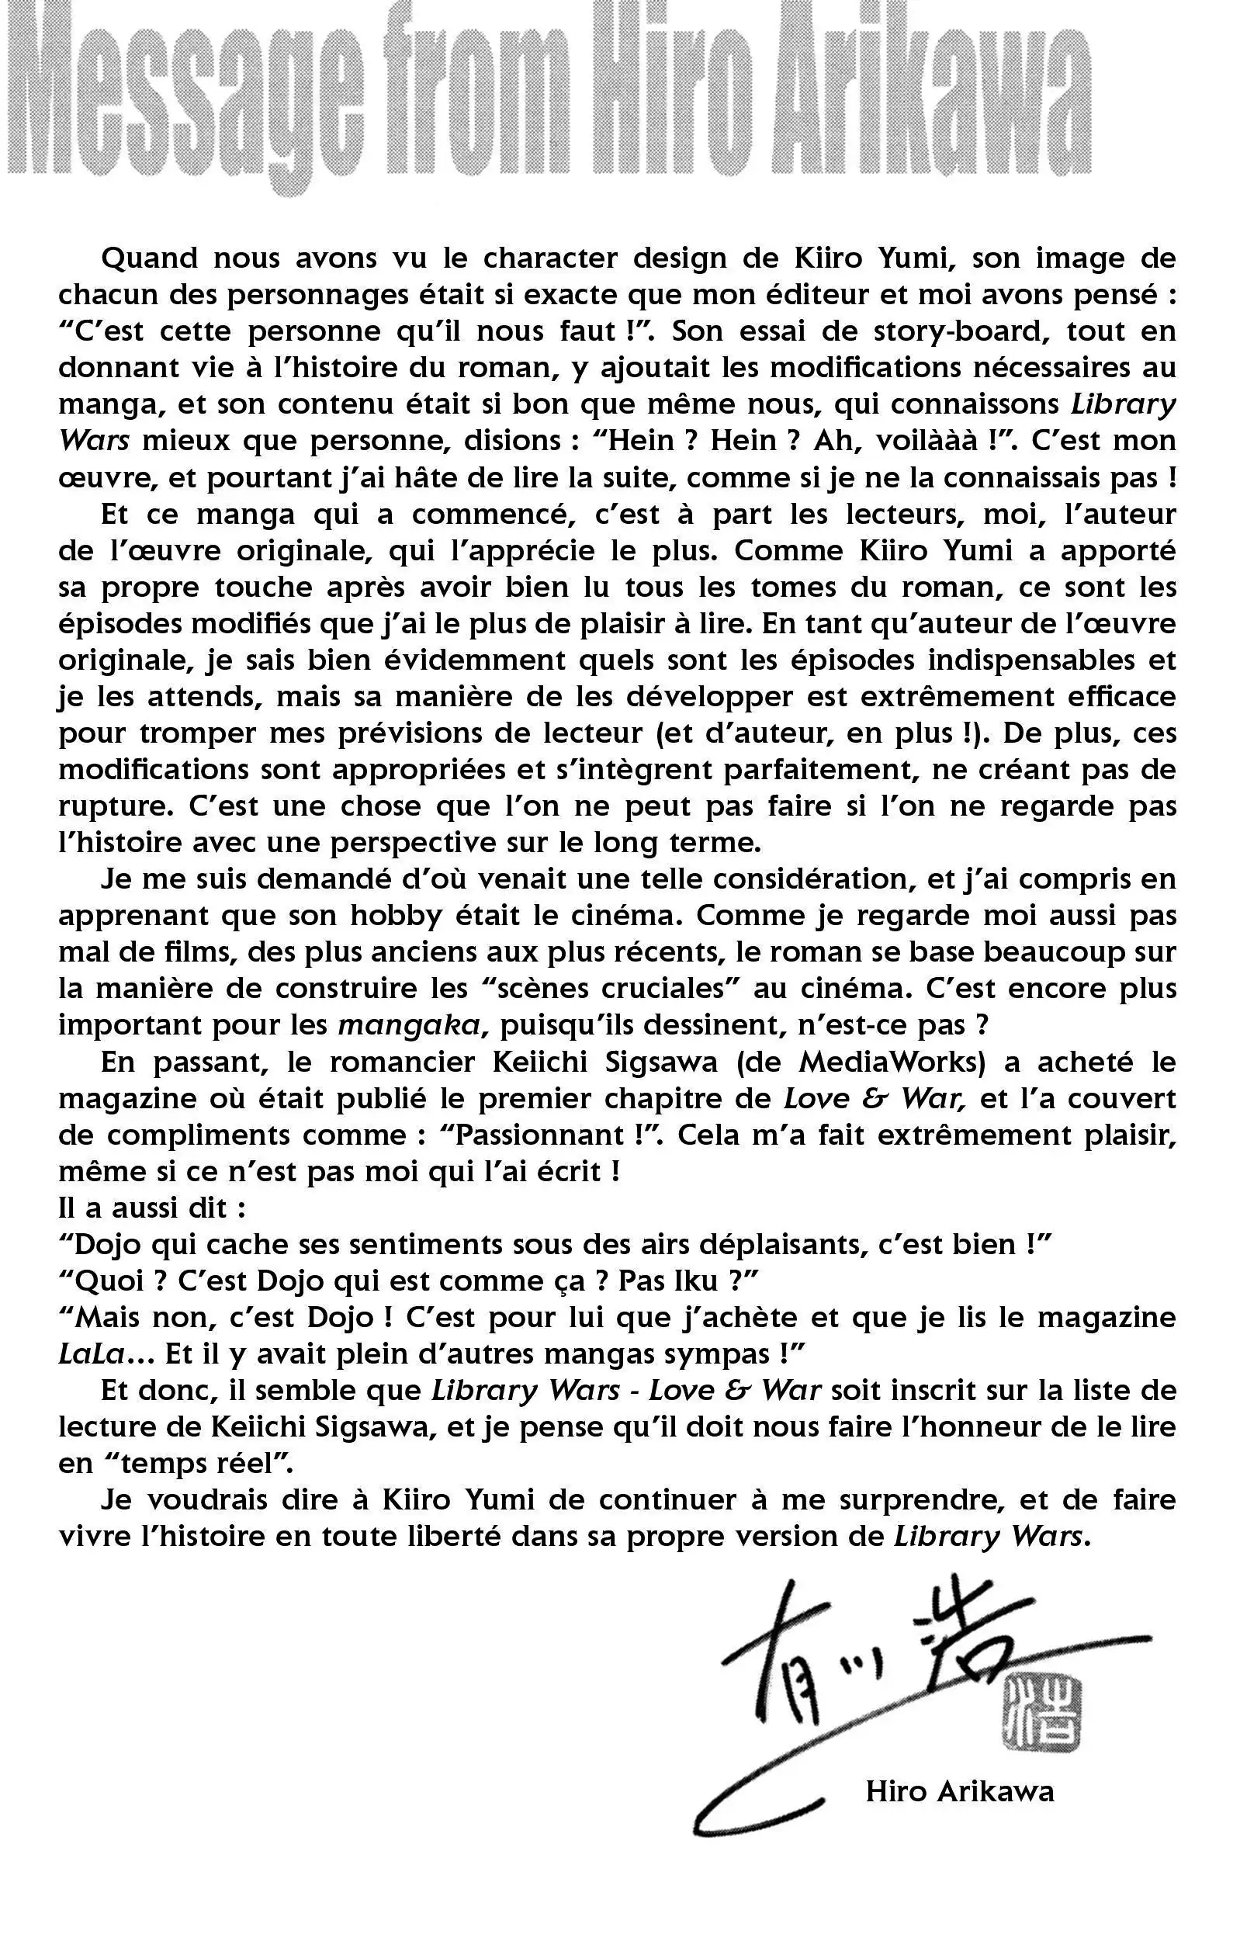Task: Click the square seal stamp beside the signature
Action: click(x=1042, y=1714)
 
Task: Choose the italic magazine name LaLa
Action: click(x=91, y=1354)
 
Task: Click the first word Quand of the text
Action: click(x=150, y=258)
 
